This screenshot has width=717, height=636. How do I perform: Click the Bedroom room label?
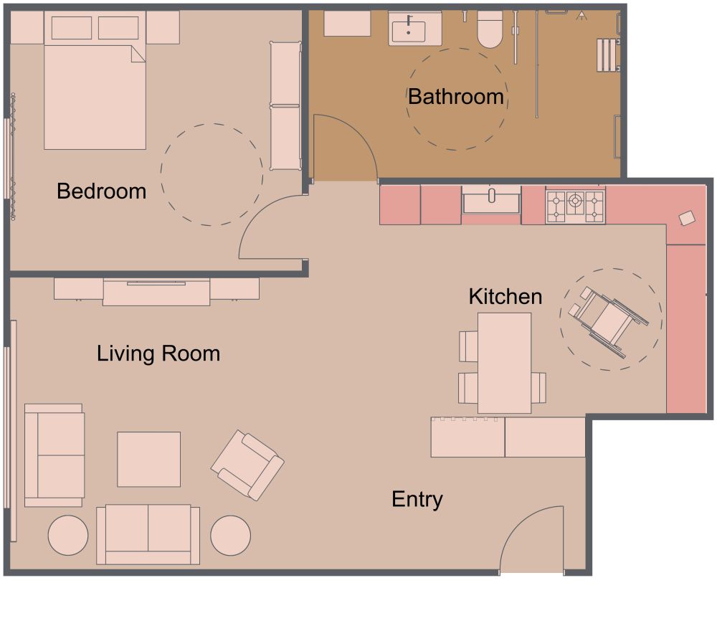(x=101, y=191)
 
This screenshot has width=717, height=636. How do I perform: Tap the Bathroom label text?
(x=455, y=96)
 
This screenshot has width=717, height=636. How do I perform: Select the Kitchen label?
(x=505, y=296)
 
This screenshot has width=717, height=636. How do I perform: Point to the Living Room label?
(x=158, y=353)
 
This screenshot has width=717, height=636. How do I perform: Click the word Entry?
(x=417, y=499)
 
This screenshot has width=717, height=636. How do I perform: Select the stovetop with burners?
(x=575, y=206)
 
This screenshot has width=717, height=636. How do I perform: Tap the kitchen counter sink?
(x=491, y=200)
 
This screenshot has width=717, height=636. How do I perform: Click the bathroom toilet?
(x=490, y=30)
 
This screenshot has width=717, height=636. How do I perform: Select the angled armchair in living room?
(x=247, y=465)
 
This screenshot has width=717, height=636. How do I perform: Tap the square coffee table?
(x=148, y=459)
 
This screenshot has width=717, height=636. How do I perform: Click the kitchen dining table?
(x=505, y=362)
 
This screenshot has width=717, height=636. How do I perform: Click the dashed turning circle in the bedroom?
(x=212, y=175)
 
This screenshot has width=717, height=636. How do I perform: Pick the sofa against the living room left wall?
(x=54, y=455)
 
